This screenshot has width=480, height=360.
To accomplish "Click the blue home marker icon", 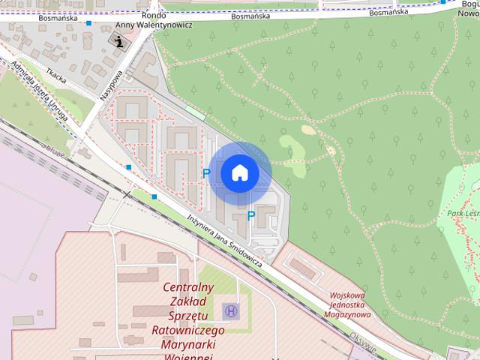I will point(240,173).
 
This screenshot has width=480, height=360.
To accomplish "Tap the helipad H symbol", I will point(231,310).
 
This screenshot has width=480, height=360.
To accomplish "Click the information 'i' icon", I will point(119,40).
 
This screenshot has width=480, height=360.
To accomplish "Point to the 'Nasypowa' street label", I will point(109,85).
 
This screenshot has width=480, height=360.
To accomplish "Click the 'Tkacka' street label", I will point(55,74).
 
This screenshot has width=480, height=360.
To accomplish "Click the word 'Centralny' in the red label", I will point(188,287).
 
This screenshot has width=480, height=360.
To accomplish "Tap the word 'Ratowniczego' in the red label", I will point(188,330).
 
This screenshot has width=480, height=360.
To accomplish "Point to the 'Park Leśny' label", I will point(463,214).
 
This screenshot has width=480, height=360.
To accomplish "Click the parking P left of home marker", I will point(206,173).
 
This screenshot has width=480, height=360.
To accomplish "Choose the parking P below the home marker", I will point(251,216).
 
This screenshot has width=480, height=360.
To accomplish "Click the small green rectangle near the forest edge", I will point(196,112).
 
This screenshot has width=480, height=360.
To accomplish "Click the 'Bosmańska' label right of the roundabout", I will point(250,15).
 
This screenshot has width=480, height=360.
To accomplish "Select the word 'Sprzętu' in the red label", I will point(188,316).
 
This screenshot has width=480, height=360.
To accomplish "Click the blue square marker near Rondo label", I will point(89,23).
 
